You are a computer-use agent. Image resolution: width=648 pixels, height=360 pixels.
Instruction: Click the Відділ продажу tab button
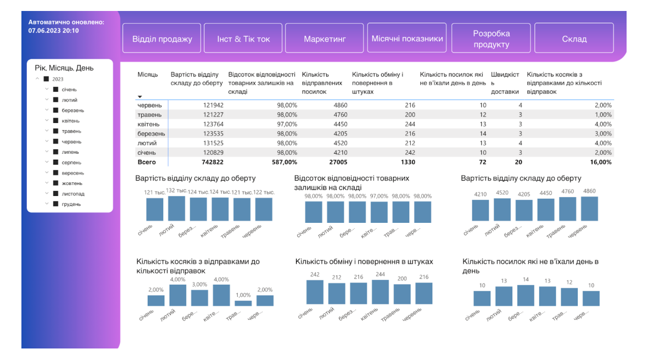tap(162, 39)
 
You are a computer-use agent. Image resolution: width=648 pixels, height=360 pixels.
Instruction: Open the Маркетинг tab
tap(325, 39)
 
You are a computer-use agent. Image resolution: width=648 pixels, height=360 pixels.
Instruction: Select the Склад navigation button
tap(574, 39)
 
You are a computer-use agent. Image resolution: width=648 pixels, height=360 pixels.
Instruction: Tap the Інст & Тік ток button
tap(243, 39)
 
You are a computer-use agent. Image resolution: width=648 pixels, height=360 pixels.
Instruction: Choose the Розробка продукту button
tap(491, 39)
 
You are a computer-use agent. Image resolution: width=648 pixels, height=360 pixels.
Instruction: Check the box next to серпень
tap(55, 162)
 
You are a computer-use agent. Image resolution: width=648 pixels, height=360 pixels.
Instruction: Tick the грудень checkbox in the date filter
tap(55, 204)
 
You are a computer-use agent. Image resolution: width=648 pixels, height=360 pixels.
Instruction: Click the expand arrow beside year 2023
tap(37, 79)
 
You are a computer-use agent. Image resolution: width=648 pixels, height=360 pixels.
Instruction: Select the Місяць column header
tap(147, 74)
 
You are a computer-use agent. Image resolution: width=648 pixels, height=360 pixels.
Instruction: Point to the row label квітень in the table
tap(149, 124)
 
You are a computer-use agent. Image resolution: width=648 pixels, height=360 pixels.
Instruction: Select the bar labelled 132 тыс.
tap(176, 208)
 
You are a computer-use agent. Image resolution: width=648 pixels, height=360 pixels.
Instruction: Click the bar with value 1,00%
tap(243, 303)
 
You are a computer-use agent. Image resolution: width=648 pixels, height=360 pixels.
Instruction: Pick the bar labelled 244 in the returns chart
tap(380, 292)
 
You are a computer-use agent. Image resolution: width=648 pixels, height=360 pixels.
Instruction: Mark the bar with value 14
tap(526, 295)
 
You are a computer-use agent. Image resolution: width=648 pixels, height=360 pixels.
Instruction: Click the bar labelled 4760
tap(568, 209)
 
